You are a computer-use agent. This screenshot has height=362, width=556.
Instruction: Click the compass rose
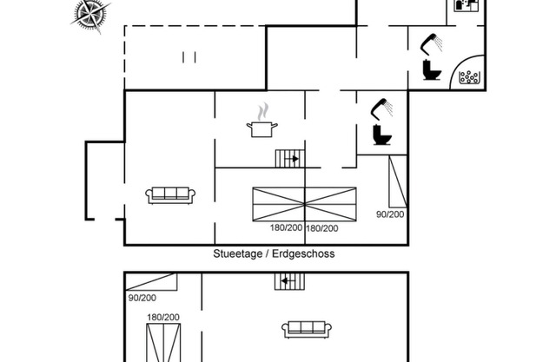coord(90,15)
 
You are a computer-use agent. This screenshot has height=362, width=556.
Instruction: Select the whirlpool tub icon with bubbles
coord(469,77)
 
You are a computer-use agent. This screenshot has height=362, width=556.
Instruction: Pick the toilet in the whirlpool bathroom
coord(432,70)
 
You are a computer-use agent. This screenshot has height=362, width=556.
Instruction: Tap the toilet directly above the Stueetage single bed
coord(382,135)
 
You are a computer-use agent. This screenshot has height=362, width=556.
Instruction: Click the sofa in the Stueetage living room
coord(170,195)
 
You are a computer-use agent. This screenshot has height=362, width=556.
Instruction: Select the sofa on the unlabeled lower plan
coord(307,330)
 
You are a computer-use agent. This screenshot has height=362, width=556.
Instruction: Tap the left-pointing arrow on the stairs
coord(288,281)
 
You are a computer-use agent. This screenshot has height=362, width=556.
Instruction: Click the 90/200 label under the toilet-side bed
coord(390,214)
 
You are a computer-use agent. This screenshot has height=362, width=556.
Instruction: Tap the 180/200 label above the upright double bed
coord(163,317)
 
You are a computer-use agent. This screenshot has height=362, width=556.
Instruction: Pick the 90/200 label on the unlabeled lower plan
coord(142,298)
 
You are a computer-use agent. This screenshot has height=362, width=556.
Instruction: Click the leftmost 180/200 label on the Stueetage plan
coord(286,227)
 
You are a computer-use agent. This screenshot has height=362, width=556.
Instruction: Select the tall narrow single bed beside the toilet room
coord(398,181)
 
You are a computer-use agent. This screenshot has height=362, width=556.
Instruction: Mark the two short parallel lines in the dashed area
coord(189,57)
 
